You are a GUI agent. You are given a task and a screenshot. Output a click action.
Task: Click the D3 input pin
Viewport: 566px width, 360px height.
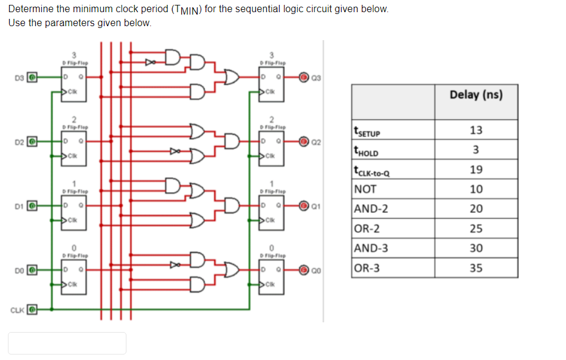[35, 78]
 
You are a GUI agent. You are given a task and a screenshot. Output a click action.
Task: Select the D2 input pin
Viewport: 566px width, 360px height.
[35, 142]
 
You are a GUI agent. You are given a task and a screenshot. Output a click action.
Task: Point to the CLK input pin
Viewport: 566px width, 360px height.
[35, 310]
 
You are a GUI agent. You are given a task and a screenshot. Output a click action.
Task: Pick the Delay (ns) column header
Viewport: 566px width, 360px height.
[476, 95]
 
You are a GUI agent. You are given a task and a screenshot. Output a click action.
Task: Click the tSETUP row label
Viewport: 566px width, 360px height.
[368, 130]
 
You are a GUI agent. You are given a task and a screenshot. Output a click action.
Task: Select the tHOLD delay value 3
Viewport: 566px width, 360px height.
[476, 150]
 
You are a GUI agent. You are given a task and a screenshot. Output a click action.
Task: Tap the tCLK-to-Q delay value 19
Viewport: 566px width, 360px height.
[476, 170]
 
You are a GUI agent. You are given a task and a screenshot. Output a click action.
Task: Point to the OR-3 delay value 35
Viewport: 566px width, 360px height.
[476, 268]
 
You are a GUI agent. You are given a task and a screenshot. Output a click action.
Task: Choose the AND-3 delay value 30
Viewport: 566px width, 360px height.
[476, 248]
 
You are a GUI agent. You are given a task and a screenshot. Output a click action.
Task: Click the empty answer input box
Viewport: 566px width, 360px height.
[67, 343]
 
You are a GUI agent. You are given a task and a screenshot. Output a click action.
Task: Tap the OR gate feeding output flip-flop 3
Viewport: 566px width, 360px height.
[231, 77]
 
